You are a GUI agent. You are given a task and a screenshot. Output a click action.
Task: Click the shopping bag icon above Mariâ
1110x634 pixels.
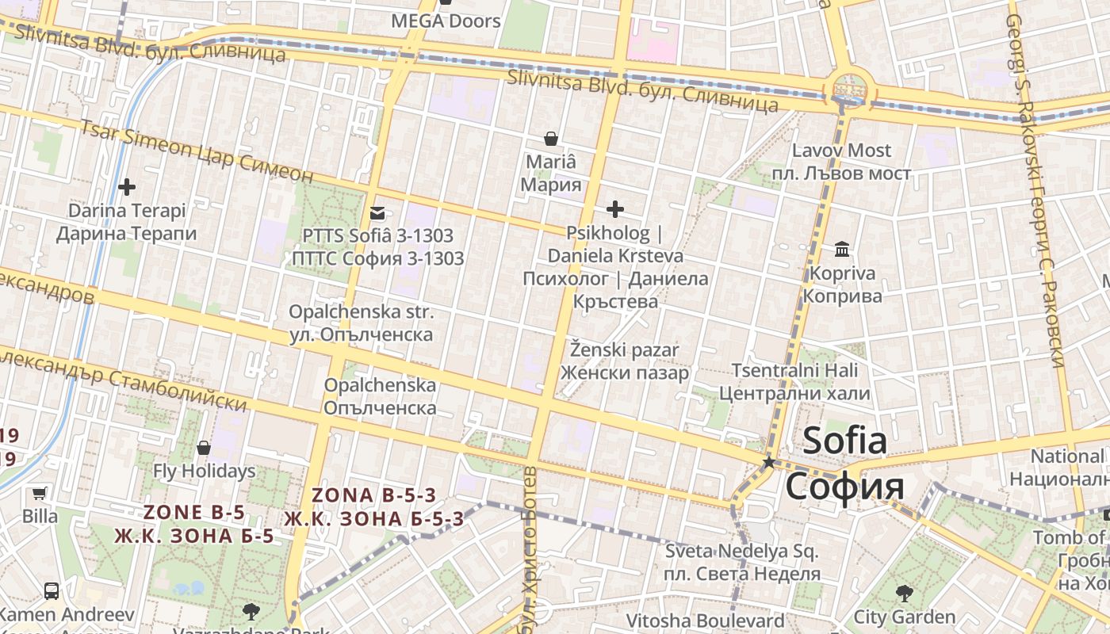[x=550, y=139]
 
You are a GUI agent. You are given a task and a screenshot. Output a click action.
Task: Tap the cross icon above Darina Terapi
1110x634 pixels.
[x=126, y=187]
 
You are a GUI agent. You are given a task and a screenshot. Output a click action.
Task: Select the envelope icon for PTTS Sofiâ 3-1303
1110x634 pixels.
[x=377, y=212]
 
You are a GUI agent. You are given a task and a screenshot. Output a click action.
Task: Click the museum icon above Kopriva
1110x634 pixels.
[x=842, y=250]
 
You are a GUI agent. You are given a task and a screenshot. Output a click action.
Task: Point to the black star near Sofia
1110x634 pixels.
[x=768, y=461]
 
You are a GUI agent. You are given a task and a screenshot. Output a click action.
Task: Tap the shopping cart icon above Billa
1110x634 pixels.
[x=39, y=494]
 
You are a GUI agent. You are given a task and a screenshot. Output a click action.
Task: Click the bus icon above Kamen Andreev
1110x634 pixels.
[x=52, y=590]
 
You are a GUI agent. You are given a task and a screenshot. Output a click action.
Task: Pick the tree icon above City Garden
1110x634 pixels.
[x=904, y=593]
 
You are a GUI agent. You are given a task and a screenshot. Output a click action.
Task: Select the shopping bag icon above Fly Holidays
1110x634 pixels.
[x=204, y=448]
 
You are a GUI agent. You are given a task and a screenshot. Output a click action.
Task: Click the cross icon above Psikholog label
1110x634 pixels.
[x=614, y=209]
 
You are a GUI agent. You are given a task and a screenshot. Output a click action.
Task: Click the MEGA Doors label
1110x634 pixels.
[x=446, y=21]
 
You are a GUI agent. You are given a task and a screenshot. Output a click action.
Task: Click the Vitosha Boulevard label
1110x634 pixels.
[x=705, y=621]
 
